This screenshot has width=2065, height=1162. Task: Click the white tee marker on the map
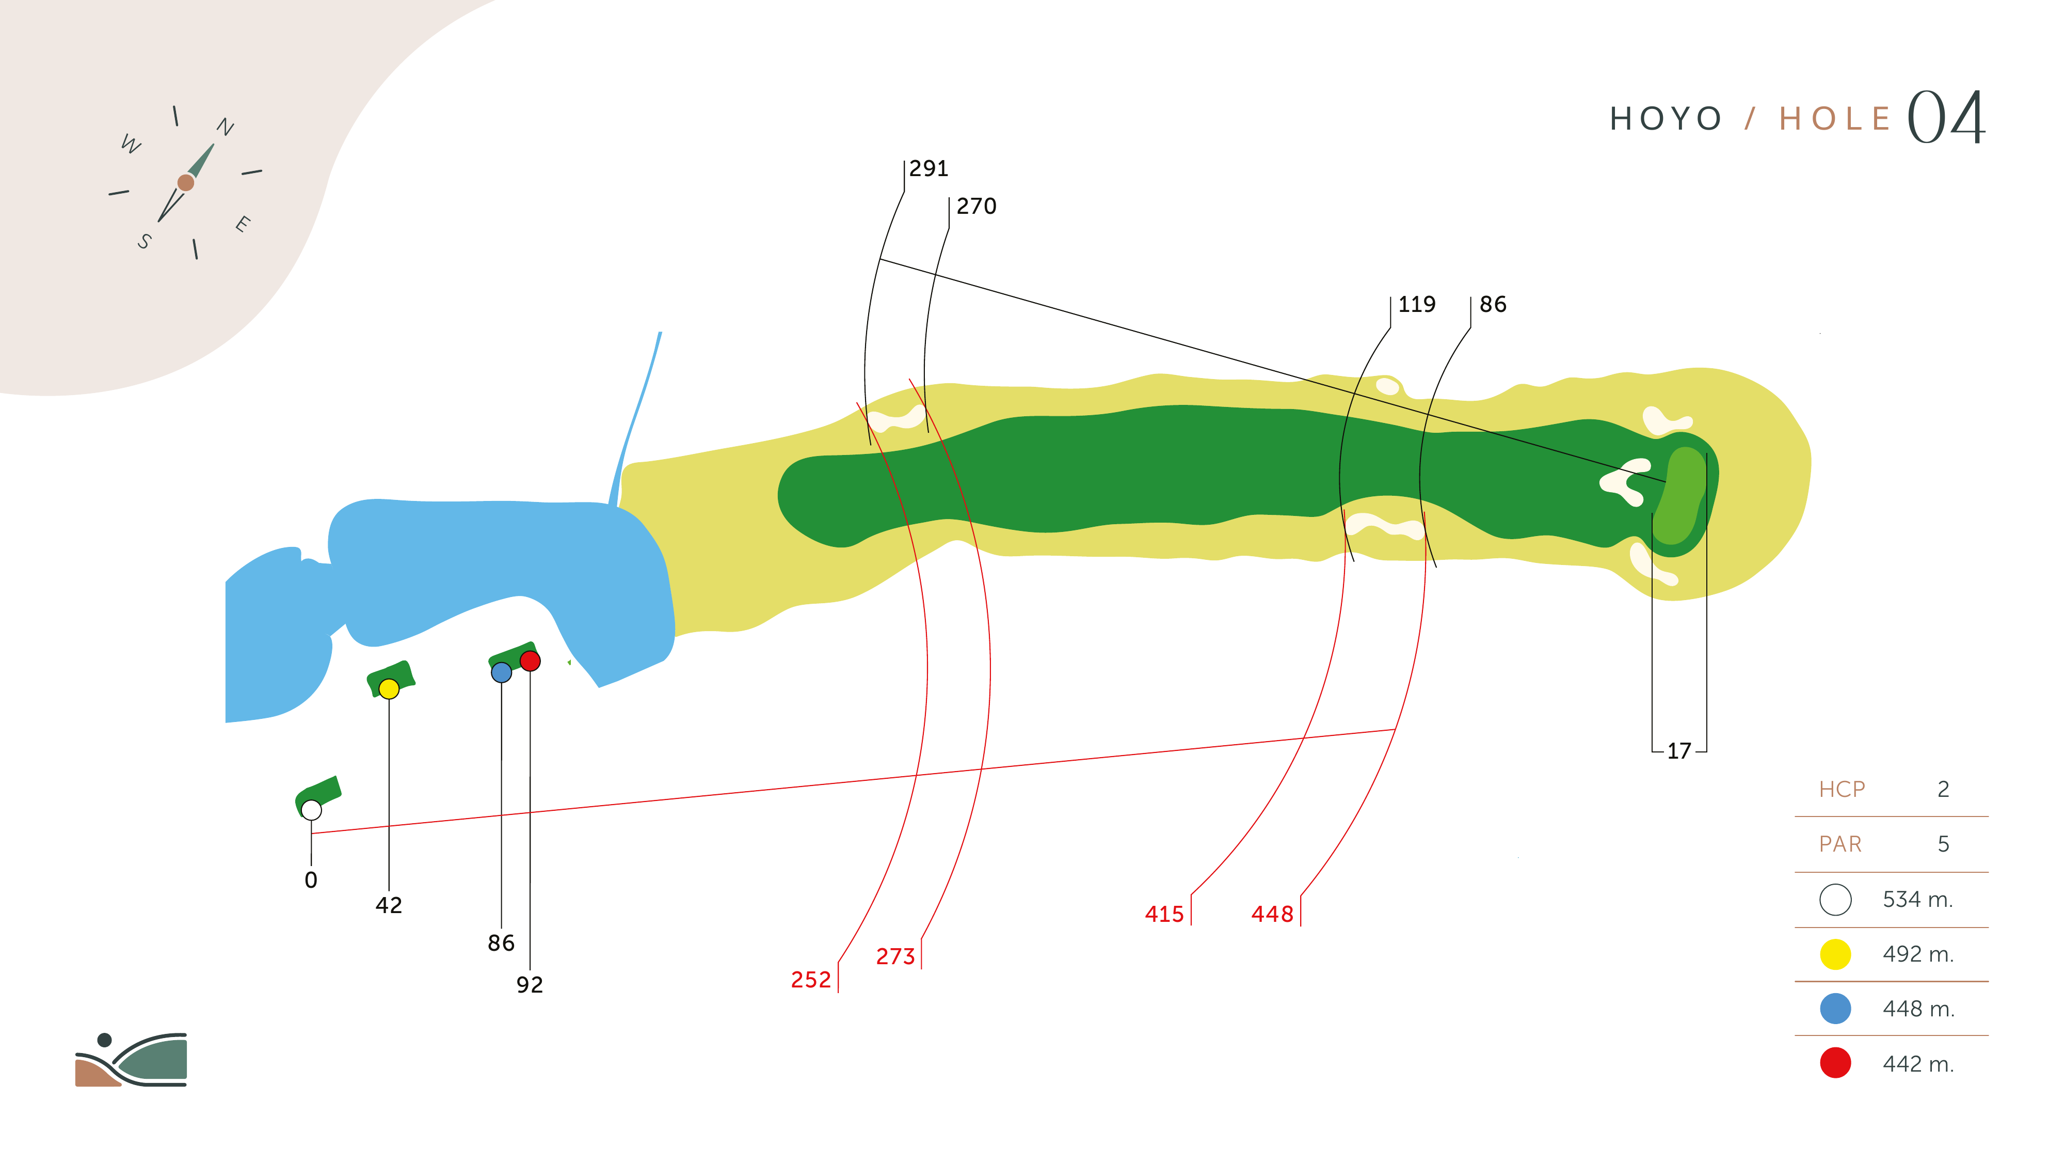click(312, 810)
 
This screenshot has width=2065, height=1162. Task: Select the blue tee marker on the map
click(501, 672)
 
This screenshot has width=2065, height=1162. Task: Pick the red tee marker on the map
click(530, 661)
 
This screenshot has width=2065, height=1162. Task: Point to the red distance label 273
click(895, 956)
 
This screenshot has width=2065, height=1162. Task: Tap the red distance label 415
click(1164, 914)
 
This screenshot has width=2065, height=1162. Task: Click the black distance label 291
click(929, 168)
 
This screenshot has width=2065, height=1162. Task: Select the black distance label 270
click(977, 206)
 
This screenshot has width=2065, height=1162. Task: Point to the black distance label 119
click(1416, 304)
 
